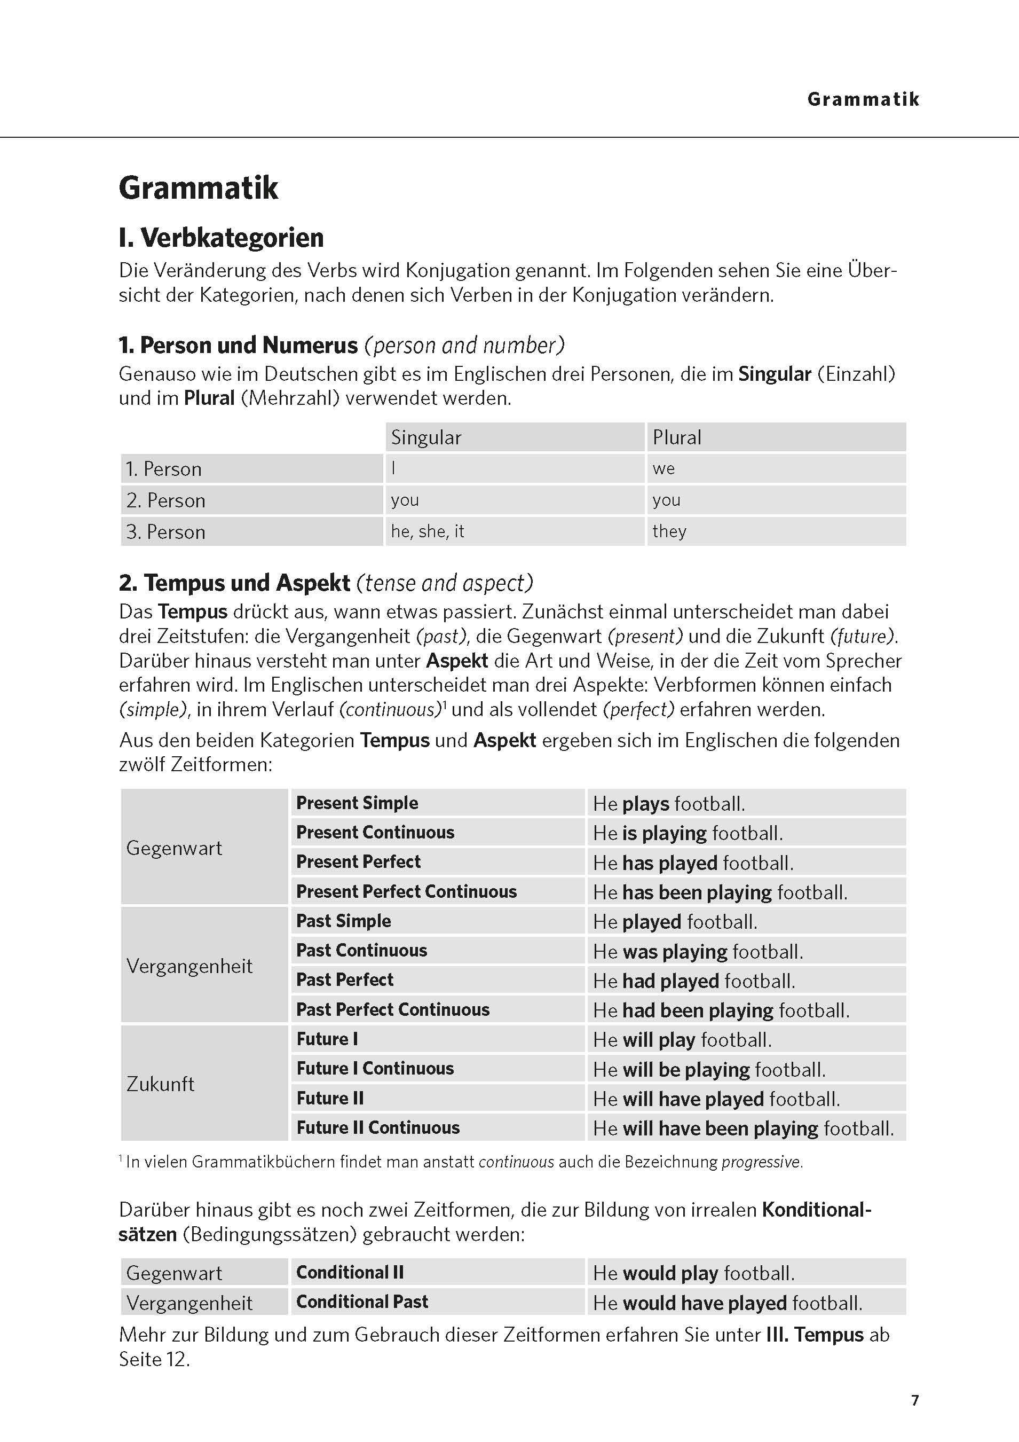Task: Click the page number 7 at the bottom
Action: (915, 1400)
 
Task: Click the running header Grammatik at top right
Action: (863, 99)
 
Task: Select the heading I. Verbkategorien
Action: (221, 238)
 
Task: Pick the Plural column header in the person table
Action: (676, 438)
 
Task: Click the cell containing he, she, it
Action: (427, 531)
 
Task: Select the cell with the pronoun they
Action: (669, 531)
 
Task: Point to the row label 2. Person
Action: (166, 500)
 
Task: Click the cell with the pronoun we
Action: (663, 468)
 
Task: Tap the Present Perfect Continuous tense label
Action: (406, 891)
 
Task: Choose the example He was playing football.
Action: (698, 952)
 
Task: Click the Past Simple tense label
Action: (343, 921)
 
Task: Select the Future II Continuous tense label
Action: (378, 1127)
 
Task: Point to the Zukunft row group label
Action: (161, 1084)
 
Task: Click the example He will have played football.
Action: (716, 1099)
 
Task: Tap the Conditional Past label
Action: (362, 1302)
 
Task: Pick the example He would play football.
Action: (693, 1273)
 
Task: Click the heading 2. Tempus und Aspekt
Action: (234, 583)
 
